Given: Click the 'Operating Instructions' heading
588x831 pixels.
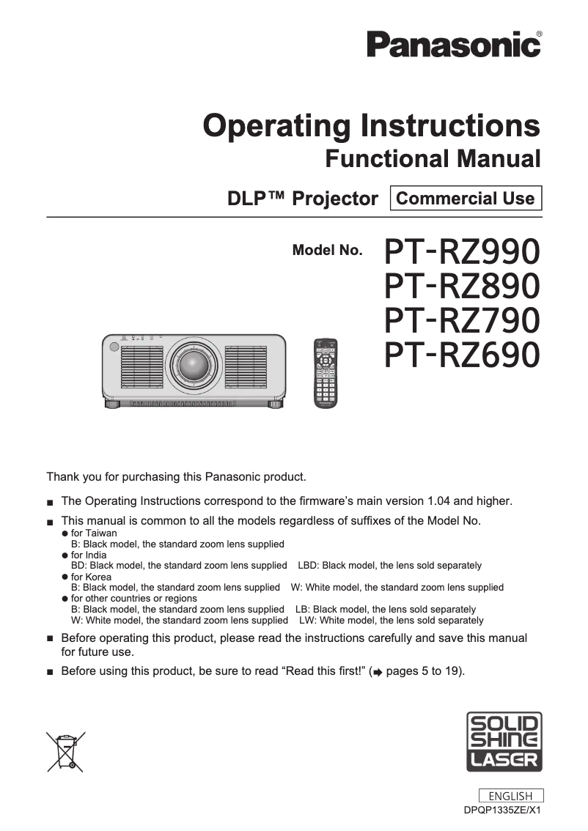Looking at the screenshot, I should coord(372,125).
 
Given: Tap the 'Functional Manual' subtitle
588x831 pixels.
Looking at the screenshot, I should coord(433,158).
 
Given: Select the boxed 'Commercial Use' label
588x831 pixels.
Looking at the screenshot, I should coord(466,198).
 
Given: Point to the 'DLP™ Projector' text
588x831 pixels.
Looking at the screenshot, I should coord(304,199).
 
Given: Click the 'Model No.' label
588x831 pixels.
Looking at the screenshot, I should coord(327,250).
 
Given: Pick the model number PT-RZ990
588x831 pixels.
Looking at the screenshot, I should coord(463,251).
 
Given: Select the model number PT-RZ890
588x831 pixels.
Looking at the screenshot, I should coord(463,286).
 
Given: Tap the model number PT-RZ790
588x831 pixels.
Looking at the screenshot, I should coord(463,320).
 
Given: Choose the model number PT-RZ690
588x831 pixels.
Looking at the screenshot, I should coord(463,355).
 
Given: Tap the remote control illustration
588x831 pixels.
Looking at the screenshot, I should coord(326,372).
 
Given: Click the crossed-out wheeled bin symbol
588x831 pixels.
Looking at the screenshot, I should coord(66,751).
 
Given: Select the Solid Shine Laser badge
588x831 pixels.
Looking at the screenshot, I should coord(504,741).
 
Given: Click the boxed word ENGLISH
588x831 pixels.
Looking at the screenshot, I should coord(510,796).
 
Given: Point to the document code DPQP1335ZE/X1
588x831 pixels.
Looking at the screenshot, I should coord(502,810).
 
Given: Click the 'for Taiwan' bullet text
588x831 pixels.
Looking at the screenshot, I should coord(93,533).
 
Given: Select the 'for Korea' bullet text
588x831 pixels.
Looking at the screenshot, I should coord(91,577).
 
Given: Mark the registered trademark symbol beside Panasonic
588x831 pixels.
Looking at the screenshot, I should coord(540,34).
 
